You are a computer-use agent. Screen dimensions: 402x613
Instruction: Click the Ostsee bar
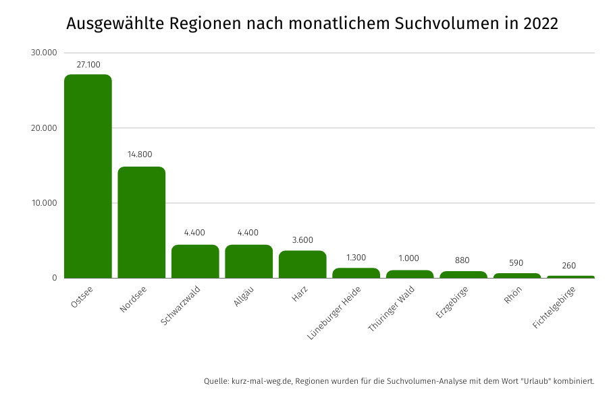click(x=88, y=175)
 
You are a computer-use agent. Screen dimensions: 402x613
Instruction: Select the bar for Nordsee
click(x=141, y=222)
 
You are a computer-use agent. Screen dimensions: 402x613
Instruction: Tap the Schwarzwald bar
click(x=195, y=261)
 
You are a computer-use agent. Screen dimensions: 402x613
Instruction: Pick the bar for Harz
click(x=302, y=264)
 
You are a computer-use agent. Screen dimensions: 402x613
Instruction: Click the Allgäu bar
click(x=248, y=261)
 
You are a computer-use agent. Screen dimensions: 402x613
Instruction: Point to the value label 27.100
click(x=88, y=64)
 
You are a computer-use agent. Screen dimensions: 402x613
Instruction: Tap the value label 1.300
click(x=356, y=257)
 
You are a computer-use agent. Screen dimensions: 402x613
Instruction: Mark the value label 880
click(x=462, y=260)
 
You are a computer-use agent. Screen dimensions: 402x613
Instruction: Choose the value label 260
click(x=569, y=266)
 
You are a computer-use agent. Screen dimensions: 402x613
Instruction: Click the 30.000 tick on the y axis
click(x=43, y=53)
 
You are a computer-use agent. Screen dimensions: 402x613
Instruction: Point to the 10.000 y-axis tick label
click(x=43, y=203)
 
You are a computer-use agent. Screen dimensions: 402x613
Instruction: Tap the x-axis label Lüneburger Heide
click(x=335, y=312)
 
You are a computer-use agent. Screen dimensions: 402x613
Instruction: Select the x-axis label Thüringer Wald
click(x=392, y=308)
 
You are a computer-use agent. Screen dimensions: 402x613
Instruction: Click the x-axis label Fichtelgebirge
click(x=554, y=307)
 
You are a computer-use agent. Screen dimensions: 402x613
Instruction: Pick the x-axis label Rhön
click(x=513, y=294)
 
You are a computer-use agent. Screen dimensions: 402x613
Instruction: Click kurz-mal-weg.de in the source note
click(x=261, y=381)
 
